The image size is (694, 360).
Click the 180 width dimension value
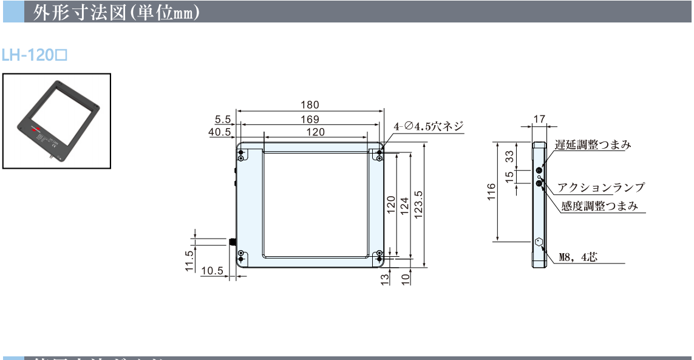tap(310, 105)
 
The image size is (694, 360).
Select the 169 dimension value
tap(310, 119)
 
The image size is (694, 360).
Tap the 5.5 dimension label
tap(223, 119)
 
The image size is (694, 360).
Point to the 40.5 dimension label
tap(220, 132)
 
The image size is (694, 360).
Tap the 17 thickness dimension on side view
tap(539, 120)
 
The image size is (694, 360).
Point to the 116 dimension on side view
tap(492, 191)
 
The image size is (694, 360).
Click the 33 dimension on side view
tap(510, 157)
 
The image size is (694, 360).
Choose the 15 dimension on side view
tap(510, 176)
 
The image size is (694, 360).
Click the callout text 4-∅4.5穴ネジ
tap(429, 126)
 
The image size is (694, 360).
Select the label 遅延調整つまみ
tap(593, 144)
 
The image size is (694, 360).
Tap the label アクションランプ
tap(601, 188)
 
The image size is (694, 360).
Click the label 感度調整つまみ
tap(599, 206)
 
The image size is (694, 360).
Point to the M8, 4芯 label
tap(578, 257)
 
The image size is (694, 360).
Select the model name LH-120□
tap(34, 56)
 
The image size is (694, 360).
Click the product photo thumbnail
tap(57, 120)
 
